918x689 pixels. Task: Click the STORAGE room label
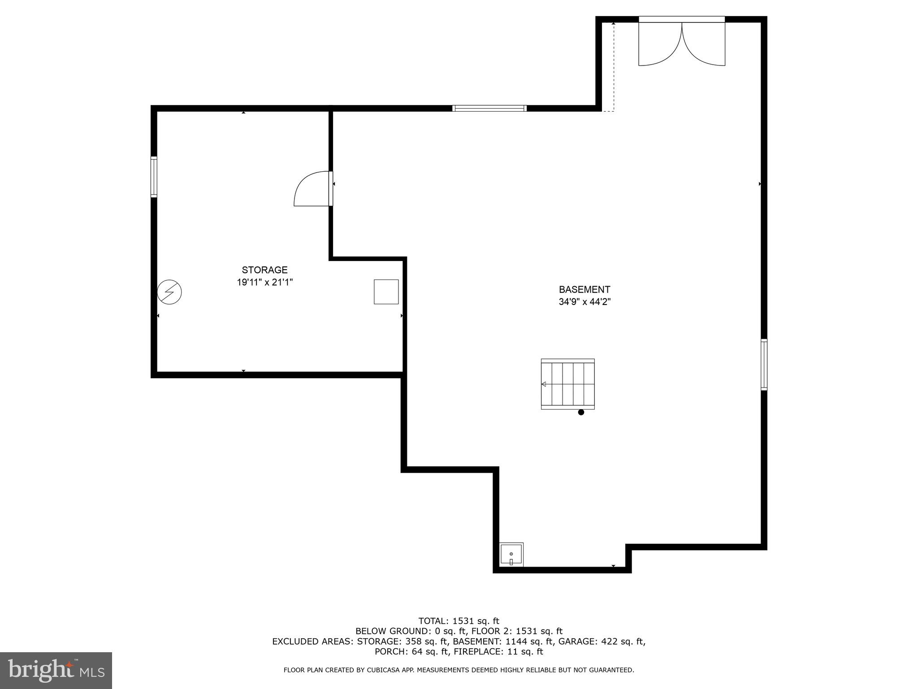point(264,270)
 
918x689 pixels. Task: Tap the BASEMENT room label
point(584,290)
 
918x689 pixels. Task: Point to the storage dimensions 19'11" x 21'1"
point(264,283)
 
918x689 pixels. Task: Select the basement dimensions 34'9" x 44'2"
point(584,302)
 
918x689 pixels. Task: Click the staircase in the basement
point(567,384)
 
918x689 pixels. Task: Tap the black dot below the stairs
point(581,412)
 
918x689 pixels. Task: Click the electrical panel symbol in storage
point(169,292)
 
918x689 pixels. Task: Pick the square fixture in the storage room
point(386,292)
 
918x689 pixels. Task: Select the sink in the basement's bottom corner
point(511,554)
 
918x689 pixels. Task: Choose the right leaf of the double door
point(704,44)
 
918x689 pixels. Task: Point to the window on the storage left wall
point(154,177)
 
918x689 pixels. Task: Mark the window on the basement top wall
point(489,108)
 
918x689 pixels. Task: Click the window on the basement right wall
point(764,365)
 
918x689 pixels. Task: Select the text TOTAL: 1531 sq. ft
point(459,621)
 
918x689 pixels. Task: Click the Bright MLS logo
point(56,670)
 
